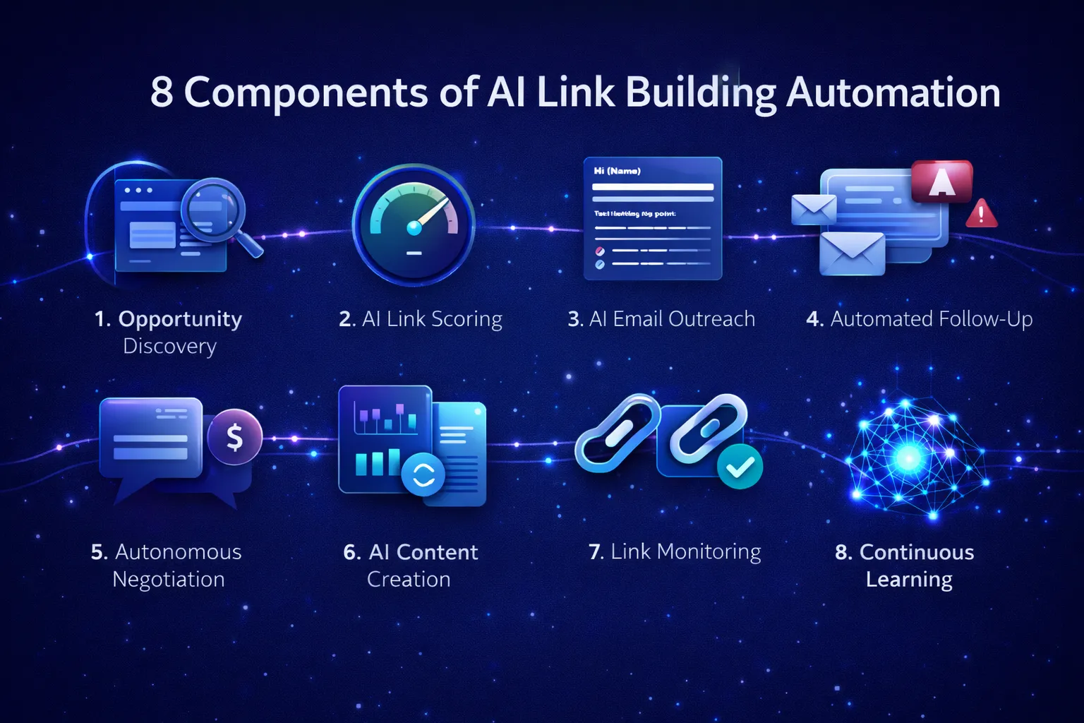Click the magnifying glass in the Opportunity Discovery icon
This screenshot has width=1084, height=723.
click(x=212, y=210)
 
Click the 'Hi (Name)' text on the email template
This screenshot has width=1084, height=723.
click(x=617, y=171)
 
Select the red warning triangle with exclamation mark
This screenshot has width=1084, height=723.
click(x=981, y=213)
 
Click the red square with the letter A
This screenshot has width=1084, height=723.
click(x=941, y=181)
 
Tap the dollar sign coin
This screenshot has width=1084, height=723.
click(x=234, y=437)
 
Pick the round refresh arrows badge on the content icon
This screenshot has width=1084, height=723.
click(x=423, y=474)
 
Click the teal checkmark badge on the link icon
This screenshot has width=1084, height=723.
click(x=740, y=466)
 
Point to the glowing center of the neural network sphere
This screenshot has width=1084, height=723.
click(x=909, y=458)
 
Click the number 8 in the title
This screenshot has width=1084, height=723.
click(x=161, y=92)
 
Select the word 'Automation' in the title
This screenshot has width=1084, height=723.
click(x=893, y=92)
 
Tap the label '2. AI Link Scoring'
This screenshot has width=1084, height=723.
click(x=421, y=319)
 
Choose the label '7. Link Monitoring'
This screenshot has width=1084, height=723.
click(x=675, y=551)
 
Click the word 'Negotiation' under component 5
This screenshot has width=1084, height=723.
click(x=169, y=580)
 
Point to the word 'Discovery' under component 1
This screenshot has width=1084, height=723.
click(x=169, y=347)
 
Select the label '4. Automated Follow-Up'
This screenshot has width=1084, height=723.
click(x=919, y=319)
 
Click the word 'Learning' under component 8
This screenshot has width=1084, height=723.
click(x=909, y=580)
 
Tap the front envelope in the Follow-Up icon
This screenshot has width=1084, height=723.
click(x=852, y=253)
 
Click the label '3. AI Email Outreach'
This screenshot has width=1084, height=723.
click(x=661, y=319)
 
